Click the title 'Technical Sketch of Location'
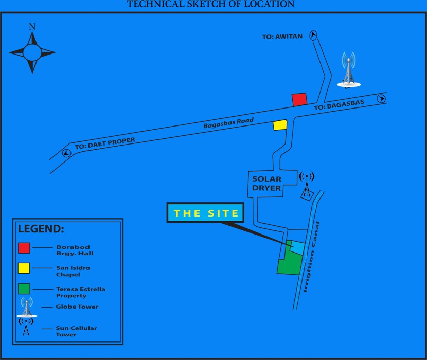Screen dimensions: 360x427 coord(211,4)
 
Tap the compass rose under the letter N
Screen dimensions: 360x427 coord(32,52)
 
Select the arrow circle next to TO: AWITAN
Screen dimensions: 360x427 coord(313,34)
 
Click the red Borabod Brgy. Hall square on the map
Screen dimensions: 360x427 coord(299,99)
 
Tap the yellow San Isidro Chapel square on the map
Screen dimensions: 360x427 coord(280,125)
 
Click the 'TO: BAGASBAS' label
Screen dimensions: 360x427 coord(339,105)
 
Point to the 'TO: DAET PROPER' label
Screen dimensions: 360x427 coord(105,143)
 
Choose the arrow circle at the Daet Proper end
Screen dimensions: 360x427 coord(66,153)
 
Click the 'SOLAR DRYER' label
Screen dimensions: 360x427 coord(266,184)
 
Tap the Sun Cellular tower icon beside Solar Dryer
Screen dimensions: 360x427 coord(307,185)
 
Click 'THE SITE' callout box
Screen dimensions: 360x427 coord(206,213)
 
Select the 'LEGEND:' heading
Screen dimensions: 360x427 coord(41,229)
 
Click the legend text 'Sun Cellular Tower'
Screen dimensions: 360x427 coord(76,331)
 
